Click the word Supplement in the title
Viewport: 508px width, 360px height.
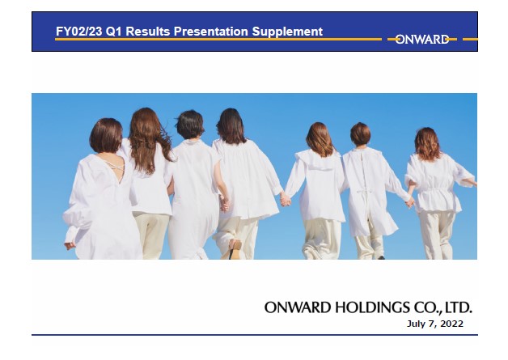pos(287,32)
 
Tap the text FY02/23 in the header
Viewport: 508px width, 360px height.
pos(79,32)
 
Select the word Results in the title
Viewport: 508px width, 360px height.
pos(148,32)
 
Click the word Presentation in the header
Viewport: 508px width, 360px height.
pos(211,32)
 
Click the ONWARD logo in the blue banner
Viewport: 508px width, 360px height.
pos(421,40)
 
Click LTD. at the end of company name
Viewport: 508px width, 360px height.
pos(459,307)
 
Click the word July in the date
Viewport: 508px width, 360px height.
pos(416,324)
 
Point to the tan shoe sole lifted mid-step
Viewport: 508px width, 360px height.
pos(235,248)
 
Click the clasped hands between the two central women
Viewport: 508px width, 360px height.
pos(285,199)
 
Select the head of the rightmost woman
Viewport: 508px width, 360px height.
pos(428,143)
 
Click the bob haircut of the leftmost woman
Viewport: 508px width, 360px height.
pos(106,135)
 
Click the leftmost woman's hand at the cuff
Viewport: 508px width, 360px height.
pos(69,246)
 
